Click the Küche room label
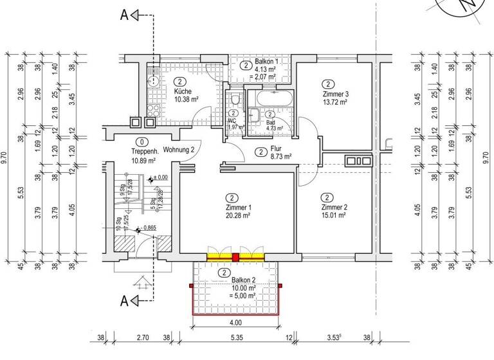point(182,91)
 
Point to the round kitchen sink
point(154,82)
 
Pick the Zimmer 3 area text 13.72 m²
point(335,102)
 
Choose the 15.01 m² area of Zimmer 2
point(335,216)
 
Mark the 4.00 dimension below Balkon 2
point(235,322)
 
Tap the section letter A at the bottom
point(125,300)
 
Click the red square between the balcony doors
point(235,257)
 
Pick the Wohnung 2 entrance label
point(179,150)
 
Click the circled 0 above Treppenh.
point(140,143)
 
